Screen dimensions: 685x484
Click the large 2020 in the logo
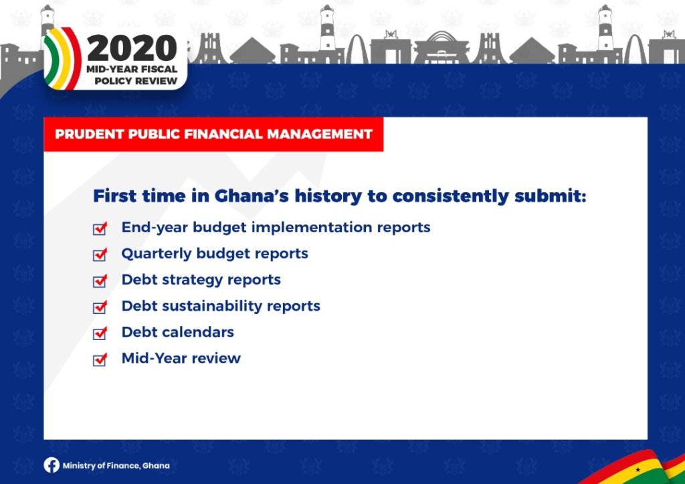[x=132, y=48]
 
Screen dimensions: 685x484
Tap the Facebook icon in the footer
[x=52, y=465]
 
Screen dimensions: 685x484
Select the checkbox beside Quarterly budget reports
[x=100, y=254]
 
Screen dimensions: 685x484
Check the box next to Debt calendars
[x=100, y=333]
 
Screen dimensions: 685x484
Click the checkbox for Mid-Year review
[x=100, y=359]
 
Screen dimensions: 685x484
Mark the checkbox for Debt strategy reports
[x=100, y=280]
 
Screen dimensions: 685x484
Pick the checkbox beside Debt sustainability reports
[x=100, y=307]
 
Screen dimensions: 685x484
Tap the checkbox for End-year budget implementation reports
[x=100, y=228]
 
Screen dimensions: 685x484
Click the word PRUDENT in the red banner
[x=90, y=135]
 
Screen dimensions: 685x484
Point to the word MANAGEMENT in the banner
[x=320, y=135]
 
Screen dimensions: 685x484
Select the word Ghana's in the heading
[x=252, y=196]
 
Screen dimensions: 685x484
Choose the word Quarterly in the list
[x=157, y=254]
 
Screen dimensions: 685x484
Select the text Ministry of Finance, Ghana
[x=116, y=466]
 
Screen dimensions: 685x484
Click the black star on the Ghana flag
[x=638, y=470]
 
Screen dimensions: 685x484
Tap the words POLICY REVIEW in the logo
[x=136, y=81]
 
